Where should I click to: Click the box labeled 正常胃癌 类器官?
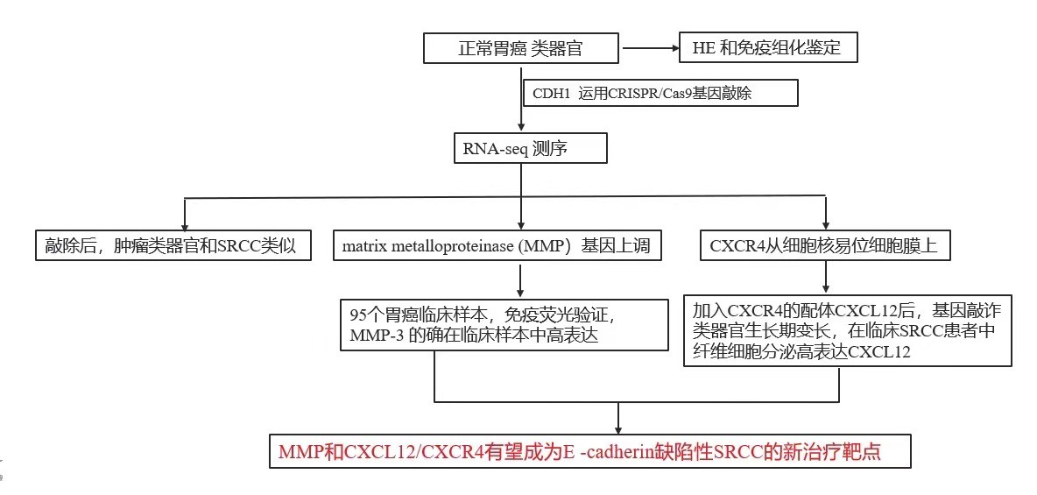click(x=520, y=48)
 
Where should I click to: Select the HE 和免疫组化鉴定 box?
click(x=767, y=48)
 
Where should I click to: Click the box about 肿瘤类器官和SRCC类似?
click(x=172, y=246)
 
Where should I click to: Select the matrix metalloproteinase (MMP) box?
click(x=497, y=246)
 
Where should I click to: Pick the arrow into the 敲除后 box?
click(x=185, y=216)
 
